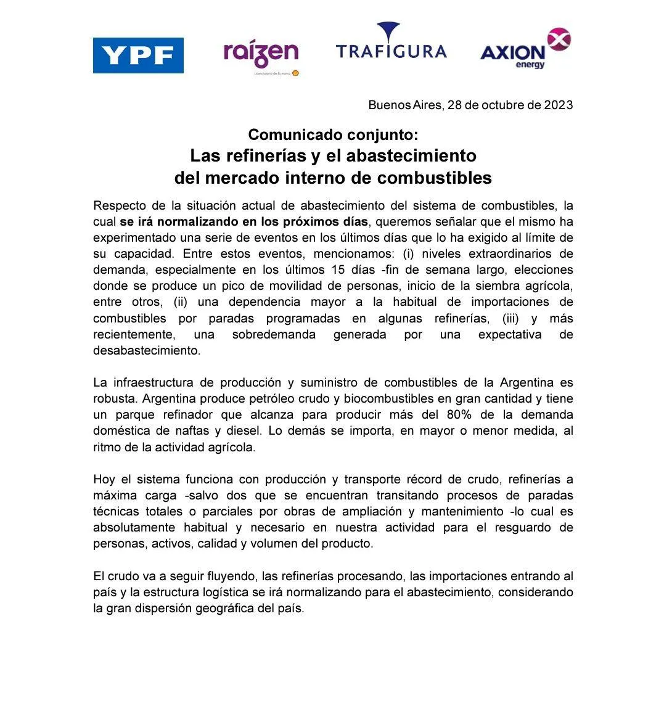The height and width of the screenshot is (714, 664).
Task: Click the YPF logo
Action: pyautogui.click(x=138, y=55)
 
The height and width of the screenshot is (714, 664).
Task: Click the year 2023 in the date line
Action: pyautogui.click(x=558, y=105)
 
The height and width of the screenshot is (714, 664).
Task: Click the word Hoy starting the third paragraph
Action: pyautogui.click(x=104, y=479)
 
